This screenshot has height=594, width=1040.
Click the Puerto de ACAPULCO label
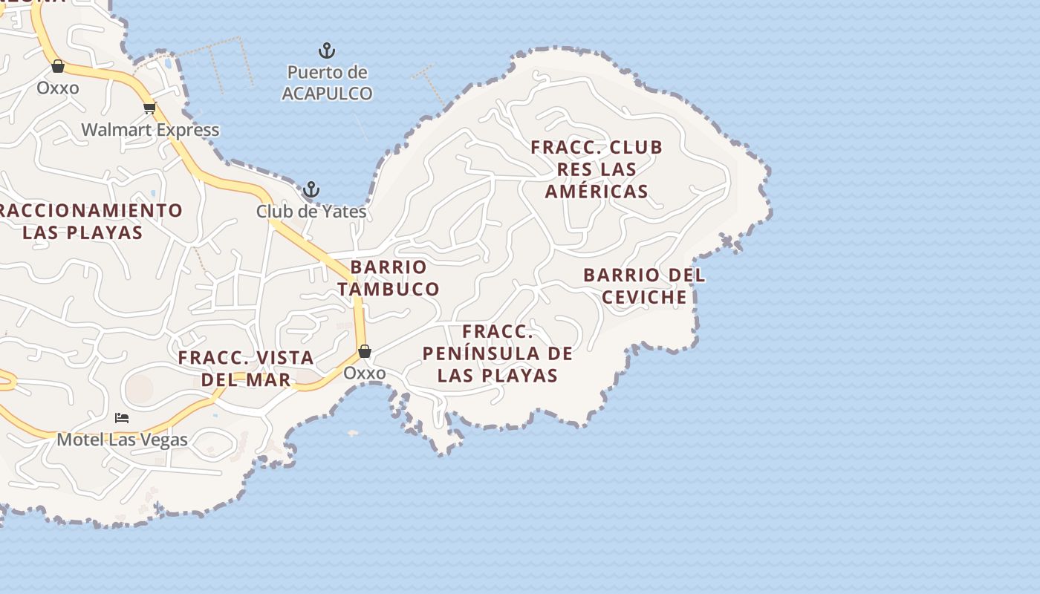pyautogui.click(x=327, y=83)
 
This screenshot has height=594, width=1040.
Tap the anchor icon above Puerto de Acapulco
pyautogui.click(x=327, y=51)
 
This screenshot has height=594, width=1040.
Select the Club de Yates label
pyautogui.click(x=311, y=212)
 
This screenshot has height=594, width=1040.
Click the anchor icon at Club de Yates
pyautogui.click(x=311, y=189)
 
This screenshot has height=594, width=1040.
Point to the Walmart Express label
pyautogui.click(x=150, y=130)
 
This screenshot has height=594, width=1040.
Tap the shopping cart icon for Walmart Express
pyautogui.click(x=150, y=108)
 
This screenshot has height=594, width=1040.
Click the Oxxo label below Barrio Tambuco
pyautogui.click(x=364, y=373)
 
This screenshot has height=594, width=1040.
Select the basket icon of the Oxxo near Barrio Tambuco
pyautogui.click(x=364, y=351)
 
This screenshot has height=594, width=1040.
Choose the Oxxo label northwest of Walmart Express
pyautogui.click(x=58, y=88)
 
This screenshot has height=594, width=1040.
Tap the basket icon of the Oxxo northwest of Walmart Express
pyautogui.click(x=58, y=66)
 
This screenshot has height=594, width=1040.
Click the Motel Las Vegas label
pyautogui.click(x=123, y=440)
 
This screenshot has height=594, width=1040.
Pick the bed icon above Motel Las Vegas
pyautogui.click(x=122, y=418)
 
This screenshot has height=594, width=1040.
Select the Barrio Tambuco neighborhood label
pyautogui.click(x=389, y=278)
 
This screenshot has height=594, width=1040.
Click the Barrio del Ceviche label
pyautogui.click(x=644, y=286)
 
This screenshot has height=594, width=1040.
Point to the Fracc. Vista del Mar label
pyautogui.click(x=246, y=368)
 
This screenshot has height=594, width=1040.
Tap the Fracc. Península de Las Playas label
pyautogui.click(x=498, y=353)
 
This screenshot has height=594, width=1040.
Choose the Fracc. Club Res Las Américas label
pyautogui.click(x=597, y=169)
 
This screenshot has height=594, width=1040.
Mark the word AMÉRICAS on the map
pyautogui.click(x=597, y=192)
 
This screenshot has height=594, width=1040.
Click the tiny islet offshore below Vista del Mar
pyautogui.click(x=353, y=433)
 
